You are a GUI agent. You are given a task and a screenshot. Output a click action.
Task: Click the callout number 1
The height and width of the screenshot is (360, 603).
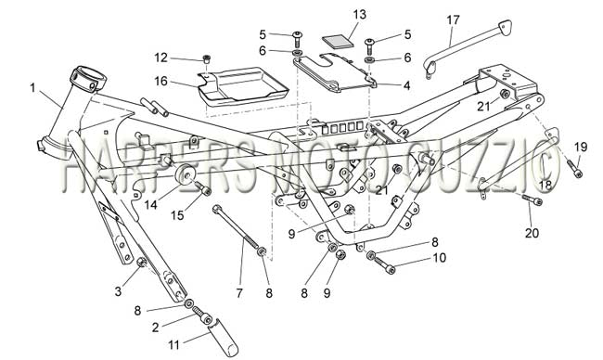[x=32, y=88]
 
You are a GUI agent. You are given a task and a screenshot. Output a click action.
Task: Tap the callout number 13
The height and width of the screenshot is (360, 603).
[x=360, y=15]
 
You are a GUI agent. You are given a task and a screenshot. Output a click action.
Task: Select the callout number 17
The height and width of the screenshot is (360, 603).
[x=453, y=19]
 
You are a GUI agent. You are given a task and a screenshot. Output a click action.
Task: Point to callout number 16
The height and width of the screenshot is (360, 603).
[x=161, y=81]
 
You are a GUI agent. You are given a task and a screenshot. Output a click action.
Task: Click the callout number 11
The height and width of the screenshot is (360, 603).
[x=174, y=344]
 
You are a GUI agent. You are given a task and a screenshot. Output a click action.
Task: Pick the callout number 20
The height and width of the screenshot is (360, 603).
[x=532, y=233]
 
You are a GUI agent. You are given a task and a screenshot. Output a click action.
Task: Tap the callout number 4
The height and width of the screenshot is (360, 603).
[x=407, y=85]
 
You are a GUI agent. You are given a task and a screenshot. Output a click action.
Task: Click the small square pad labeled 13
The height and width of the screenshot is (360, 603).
[x=338, y=41]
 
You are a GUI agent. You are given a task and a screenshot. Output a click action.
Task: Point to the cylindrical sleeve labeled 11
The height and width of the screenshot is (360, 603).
[x=223, y=335]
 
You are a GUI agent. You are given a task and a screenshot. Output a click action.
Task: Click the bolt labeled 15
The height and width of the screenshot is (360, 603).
[x=203, y=188]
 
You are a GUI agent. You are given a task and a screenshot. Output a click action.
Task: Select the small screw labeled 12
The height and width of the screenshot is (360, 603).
[x=207, y=58]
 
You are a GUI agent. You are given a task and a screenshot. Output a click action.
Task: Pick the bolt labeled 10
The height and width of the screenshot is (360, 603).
[x=385, y=265]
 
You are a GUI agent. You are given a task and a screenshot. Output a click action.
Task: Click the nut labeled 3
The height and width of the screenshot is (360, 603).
[x=141, y=262]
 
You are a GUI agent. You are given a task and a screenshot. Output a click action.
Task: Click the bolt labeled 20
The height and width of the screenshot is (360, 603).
[x=532, y=199]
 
